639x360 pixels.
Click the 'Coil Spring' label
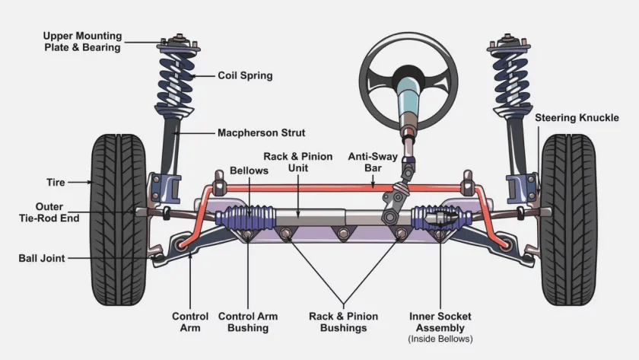(245, 76)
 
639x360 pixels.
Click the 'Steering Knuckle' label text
(577, 118)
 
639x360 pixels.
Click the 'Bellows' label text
(250, 171)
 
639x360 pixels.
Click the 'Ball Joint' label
(42, 258)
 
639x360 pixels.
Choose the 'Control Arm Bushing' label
(248, 322)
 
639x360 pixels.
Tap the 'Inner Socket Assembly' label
(440, 322)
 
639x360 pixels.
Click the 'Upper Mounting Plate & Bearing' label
(81, 42)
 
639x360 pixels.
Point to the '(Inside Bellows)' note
(440, 339)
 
